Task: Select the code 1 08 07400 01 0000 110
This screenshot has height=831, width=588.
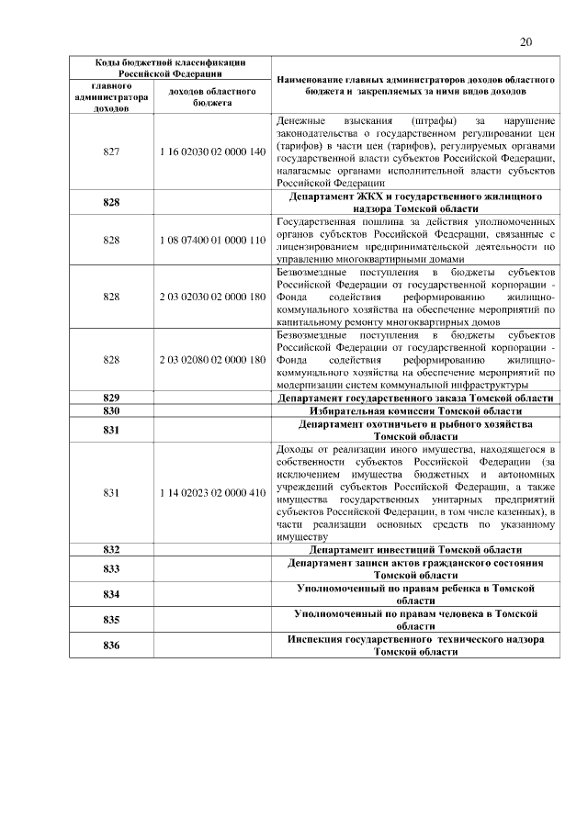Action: point(212,239)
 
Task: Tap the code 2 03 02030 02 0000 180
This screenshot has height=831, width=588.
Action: point(212,298)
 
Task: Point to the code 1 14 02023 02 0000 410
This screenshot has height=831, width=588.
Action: point(212,492)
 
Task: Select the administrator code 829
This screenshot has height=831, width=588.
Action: point(112,398)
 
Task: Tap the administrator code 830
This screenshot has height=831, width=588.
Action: point(112,411)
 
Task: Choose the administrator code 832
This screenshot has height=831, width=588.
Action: point(112,548)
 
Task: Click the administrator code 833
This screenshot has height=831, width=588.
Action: point(112,568)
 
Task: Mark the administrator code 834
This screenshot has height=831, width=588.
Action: point(112,594)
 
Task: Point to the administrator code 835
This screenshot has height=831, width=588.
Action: point(112,620)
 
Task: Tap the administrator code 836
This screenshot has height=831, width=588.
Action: point(112,646)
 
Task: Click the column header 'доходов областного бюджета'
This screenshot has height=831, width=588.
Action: point(212,98)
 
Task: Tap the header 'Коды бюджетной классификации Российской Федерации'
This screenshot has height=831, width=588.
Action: point(171,67)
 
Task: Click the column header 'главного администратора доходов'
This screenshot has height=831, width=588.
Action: point(112,97)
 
